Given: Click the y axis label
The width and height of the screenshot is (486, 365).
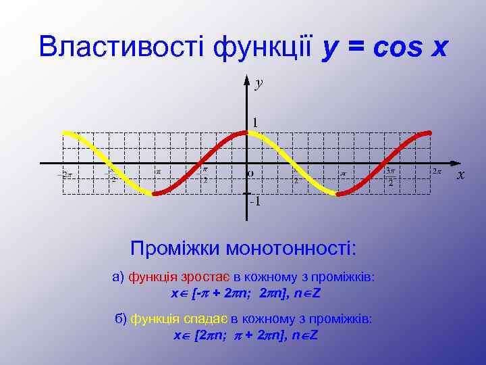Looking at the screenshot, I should (x=259, y=83).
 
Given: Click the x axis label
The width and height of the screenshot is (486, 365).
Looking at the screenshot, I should (x=461, y=175).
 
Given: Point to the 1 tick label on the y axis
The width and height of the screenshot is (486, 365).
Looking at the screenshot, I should (x=255, y=122).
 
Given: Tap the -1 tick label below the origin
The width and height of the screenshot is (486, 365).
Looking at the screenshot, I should (x=255, y=201).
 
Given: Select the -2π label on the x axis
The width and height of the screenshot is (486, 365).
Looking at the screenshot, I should (x=64, y=174).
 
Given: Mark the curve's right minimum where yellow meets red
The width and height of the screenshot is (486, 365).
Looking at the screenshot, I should (x=337, y=194).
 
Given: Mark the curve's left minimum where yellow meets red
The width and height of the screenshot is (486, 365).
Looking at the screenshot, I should (x=155, y=194).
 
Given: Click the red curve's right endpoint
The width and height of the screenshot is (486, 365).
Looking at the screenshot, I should (x=429, y=132).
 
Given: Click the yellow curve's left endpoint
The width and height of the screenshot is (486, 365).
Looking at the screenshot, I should (x=63, y=132).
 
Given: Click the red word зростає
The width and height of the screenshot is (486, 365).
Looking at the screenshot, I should (x=207, y=277).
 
